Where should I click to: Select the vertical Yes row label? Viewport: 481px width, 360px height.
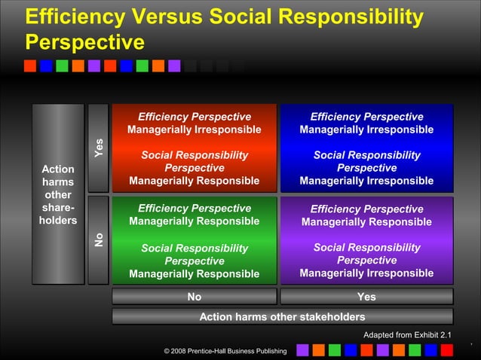(98, 148)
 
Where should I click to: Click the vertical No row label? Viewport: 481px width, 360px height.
(98, 239)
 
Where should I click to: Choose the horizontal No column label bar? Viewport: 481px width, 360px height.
(195, 297)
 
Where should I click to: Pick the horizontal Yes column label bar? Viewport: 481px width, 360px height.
(366, 297)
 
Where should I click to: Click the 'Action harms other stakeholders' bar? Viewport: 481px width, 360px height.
(282, 317)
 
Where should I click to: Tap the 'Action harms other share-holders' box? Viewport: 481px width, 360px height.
(58, 194)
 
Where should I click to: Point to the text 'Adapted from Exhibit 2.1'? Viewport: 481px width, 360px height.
(408, 334)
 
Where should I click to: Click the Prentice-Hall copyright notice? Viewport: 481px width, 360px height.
(225, 351)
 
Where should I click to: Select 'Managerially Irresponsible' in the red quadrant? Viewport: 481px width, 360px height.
(195, 130)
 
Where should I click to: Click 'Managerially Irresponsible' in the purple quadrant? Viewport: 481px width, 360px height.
(366, 273)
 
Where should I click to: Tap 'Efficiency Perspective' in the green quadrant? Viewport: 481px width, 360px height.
(195, 209)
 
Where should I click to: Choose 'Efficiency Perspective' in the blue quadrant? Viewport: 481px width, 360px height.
(366, 117)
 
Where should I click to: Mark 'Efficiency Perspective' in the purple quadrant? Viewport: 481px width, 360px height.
(366, 209)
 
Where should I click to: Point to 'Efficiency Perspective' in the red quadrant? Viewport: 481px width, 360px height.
(195, 117)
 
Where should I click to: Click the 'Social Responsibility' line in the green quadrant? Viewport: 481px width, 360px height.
(195, 248)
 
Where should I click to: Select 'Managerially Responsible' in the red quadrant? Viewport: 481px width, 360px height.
(195, 181)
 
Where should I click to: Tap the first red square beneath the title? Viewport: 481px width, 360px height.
(30, 66)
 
